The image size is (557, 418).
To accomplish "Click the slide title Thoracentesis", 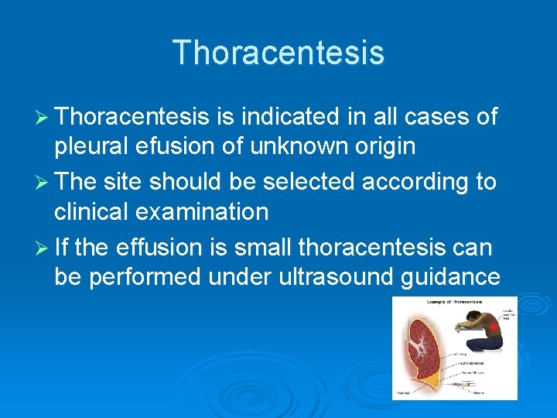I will pos(278,53).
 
